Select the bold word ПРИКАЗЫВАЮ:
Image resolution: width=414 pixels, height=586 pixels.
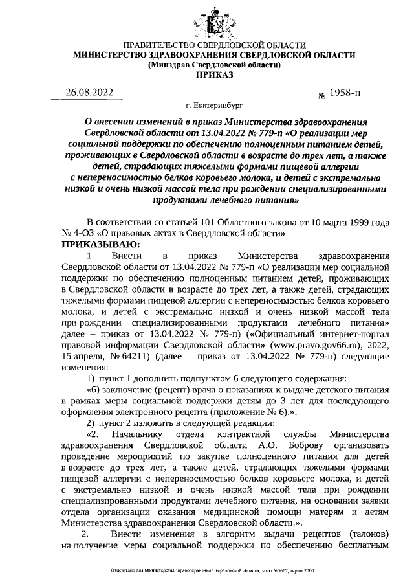click(x=96, y=244)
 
